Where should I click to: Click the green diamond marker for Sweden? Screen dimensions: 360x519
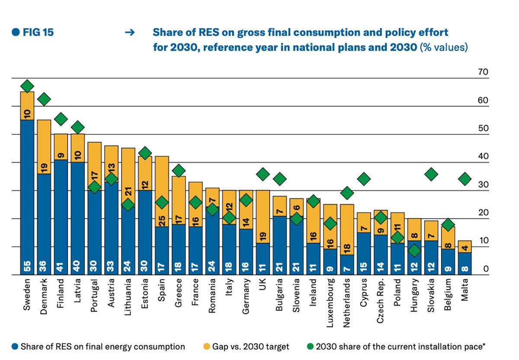point(27,86)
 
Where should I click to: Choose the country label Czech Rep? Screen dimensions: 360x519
point(380,299)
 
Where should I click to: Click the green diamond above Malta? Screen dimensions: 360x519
point(465,178)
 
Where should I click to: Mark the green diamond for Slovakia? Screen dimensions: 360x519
point(432,174)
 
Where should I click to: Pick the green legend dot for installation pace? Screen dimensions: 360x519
point(311,347)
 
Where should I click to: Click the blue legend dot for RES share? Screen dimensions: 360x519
point(15,347)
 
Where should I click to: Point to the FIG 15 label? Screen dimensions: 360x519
point(33,32)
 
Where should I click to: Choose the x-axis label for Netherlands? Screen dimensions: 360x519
point(347,299)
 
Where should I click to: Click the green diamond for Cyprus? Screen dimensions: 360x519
point(364,178)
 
